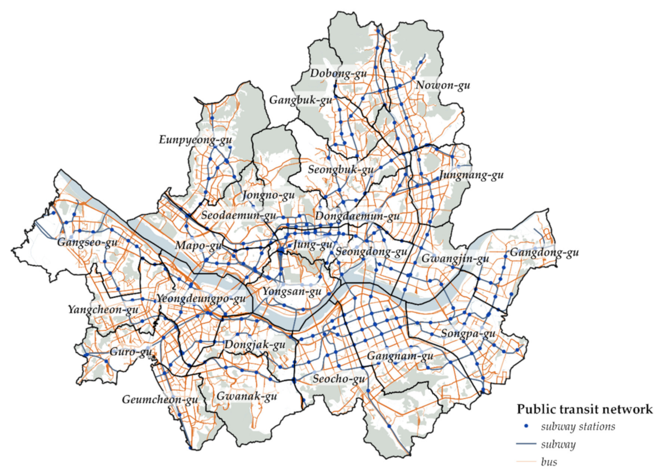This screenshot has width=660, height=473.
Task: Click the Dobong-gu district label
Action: point(339,74)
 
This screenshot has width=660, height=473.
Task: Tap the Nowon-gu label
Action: point(443,85)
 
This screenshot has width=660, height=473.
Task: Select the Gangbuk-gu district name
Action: point(301,100)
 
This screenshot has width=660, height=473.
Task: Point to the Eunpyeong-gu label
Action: point(195,141)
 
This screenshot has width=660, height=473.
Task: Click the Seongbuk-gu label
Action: point(341,170)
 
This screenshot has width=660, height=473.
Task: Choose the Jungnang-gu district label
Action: point(472,175)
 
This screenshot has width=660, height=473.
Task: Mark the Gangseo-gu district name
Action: point(88,242)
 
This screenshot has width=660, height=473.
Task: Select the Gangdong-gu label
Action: point(543,253)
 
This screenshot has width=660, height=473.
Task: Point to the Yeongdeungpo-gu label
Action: point(201,298)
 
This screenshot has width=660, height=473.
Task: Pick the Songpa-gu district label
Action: point(468,334)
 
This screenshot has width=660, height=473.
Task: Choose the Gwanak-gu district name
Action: point(246,396)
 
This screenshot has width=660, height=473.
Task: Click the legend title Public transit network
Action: point(584,409)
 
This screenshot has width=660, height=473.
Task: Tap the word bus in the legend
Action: point(549,461)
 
